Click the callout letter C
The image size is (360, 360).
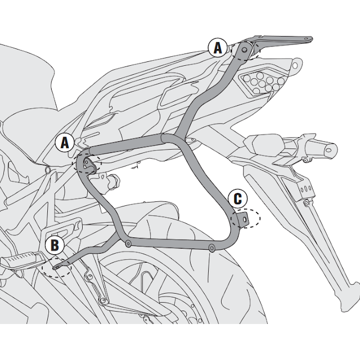pyautogui.click(x=237, y=199)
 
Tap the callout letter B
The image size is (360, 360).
pyautogui.click(x=55, y=245)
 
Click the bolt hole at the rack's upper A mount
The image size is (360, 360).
pyautogui.click(x=244, y=46)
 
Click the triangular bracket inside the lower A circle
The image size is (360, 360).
pyautogui.click(x=88, y=164)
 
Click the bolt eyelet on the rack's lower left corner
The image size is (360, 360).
pyautogui.click(x=128, y=244)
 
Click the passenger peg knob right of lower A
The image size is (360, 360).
pyautogui.click(x=115, y=181)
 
